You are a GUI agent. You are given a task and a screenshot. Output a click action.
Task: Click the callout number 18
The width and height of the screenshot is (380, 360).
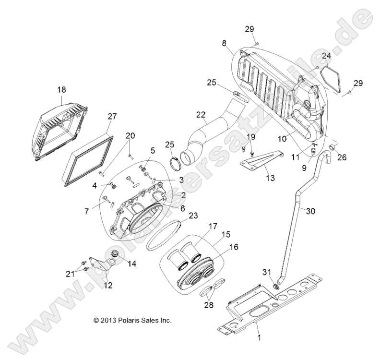[62, 90]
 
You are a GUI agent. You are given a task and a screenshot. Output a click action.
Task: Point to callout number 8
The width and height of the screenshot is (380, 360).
[225, 43]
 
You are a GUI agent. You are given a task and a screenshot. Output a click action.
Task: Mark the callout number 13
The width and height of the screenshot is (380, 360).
[271, 178]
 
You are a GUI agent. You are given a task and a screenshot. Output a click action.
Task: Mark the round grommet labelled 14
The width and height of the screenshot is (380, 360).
[115, 254]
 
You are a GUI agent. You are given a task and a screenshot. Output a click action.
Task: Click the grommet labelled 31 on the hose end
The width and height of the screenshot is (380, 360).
[276, 287]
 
